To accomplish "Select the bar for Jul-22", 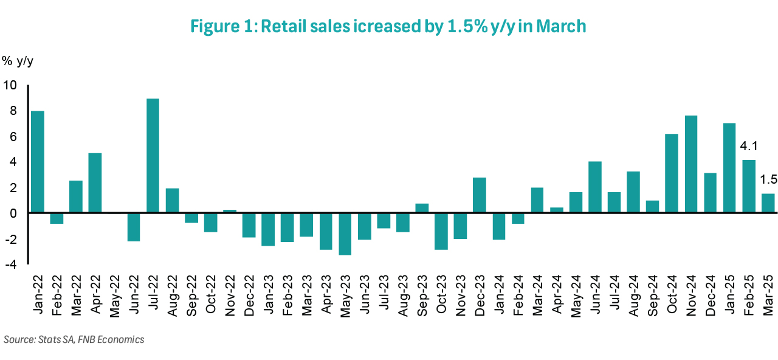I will tap(153, 156).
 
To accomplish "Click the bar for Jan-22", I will tap(38, 162).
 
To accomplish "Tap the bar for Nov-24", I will tap(692, 164).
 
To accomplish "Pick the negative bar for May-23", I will tap(345, 234).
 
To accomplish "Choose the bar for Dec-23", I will tap(480, 195).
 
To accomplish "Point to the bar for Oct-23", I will tap(441, 231).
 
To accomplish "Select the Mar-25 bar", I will tap(768, 203).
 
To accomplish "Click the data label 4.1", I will tap(748, 147).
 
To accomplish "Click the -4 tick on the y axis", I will tap(10, 264).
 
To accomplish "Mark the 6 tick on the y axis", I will tap(13, 136).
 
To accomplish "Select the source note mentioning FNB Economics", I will tap(74, 339).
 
